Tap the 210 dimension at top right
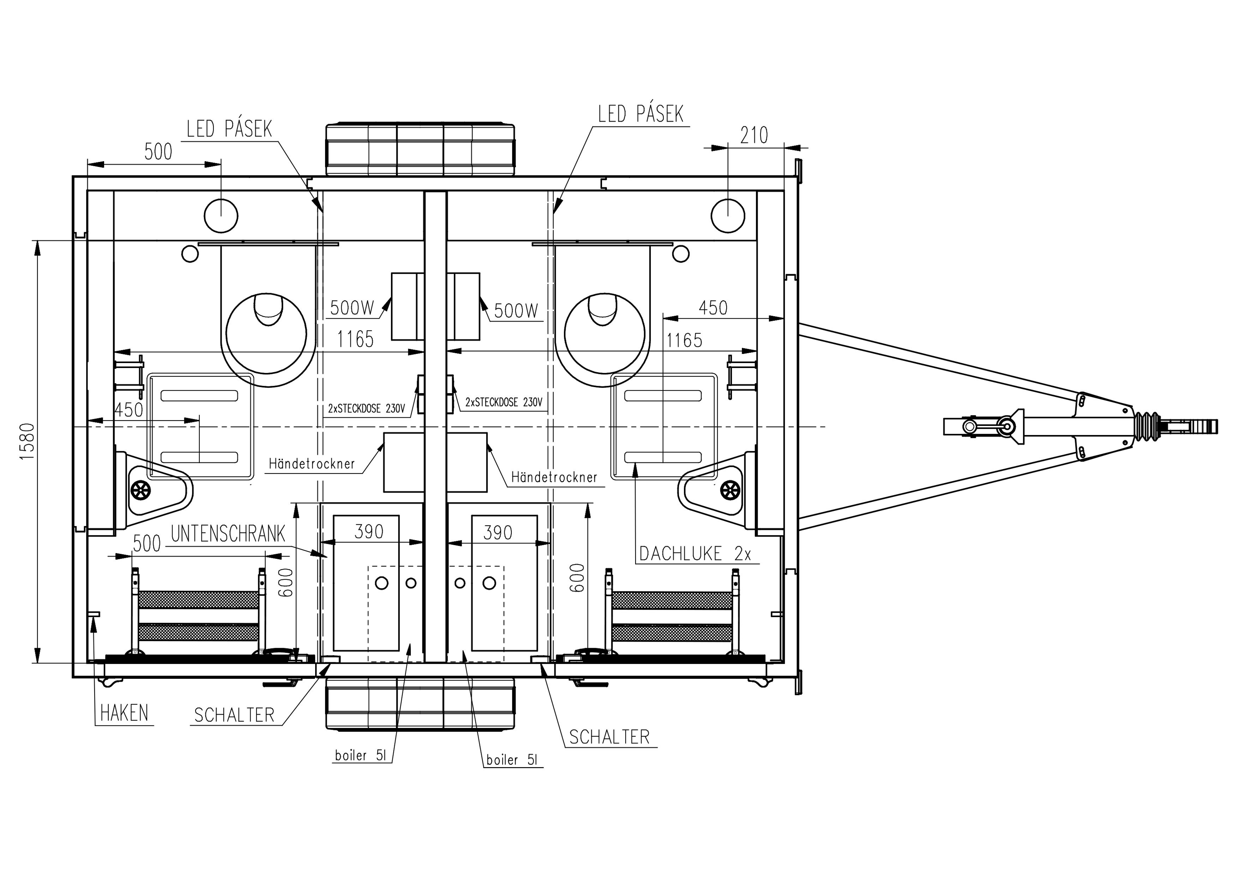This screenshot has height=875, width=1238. click(x=754, y=135)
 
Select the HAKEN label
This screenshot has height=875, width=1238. click(x=124, y=713)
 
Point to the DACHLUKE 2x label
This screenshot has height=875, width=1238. click(x=695, y=554)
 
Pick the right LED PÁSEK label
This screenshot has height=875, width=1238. click(x=641, y=114)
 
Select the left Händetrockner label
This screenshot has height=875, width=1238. click(x=312, y=463)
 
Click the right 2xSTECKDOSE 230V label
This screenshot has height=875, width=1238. click(x=504, y=402)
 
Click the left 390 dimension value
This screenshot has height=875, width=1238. click(x=369, y=532)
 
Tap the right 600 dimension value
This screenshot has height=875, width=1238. click(x=576, y=578)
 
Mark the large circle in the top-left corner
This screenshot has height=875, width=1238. click(x=221, y=215)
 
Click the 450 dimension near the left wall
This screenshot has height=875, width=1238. click(x=129, y=410)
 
